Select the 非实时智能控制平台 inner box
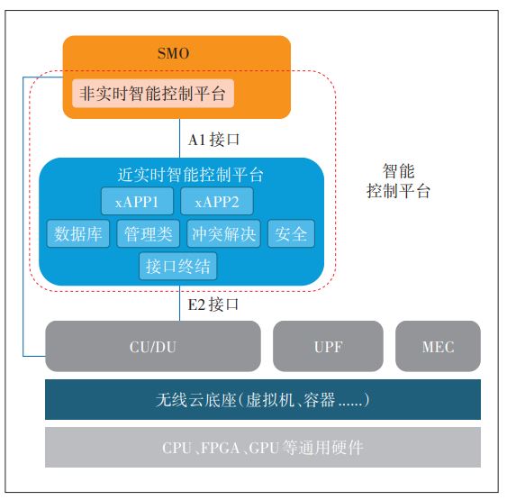click(153, 93)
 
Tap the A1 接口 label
click(213, 140)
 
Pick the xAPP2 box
click(217, 201)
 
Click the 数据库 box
click(78, 234)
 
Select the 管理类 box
click(149, 234)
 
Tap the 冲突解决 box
click(223, 234)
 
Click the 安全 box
click(292, 234)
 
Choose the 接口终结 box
click(178, 267)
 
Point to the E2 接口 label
click(213, 305)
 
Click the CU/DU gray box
click(153, 347)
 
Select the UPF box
click(329, 347)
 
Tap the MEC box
click(438, 347)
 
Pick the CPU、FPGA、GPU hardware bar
click(263, 448)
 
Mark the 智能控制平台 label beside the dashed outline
click(398, 181)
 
